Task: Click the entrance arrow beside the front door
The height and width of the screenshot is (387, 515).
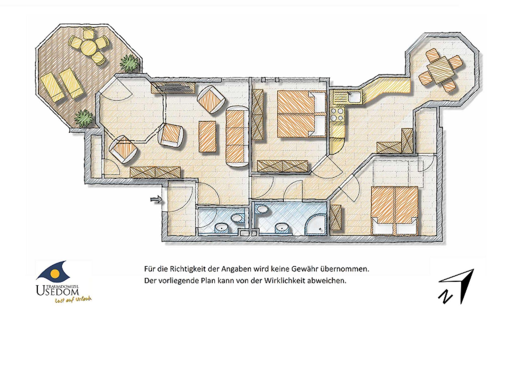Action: coord(156,200)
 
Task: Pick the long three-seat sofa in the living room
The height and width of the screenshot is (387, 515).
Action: coord(237,136)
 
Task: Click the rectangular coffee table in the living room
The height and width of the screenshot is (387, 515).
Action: coord(207,136)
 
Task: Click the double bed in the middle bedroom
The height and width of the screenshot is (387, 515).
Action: coord(302,114)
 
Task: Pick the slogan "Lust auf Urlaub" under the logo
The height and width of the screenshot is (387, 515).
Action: coord(73,300)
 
